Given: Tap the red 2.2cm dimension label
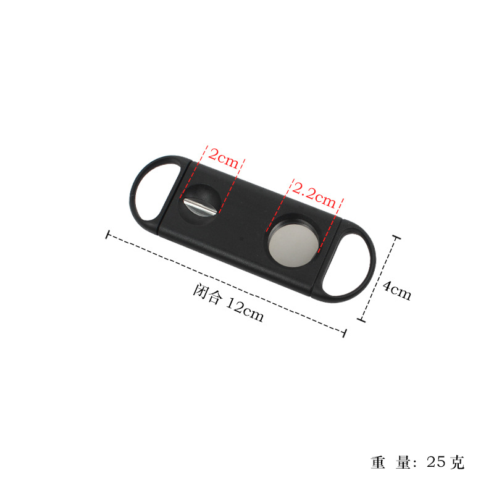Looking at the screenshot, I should [314, 192].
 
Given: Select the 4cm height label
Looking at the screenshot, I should [396, 289].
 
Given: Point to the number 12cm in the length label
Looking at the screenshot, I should [244, 308].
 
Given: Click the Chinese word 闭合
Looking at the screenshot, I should [207, 295].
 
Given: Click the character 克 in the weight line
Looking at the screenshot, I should [457, 461].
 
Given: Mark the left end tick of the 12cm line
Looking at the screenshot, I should [109, 235].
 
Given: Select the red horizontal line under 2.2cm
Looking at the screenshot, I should [314, 201].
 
